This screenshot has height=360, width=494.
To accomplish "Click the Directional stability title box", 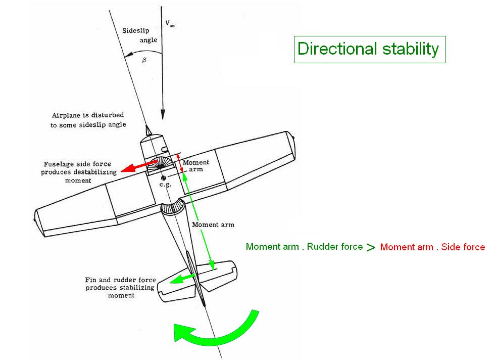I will (x=369, y=49).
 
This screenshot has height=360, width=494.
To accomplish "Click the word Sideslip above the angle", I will (x=136, y=30).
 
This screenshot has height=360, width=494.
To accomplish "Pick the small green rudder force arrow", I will (x=182, y=279).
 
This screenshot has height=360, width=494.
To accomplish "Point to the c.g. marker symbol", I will (x=163, y=178).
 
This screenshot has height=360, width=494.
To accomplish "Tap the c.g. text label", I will (x=165, y=186).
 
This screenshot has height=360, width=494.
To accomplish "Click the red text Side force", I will (x=463, y=247).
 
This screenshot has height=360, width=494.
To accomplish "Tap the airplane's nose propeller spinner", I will (x=149, y=129).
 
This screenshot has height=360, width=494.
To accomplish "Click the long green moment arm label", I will (x=214, y=224).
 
